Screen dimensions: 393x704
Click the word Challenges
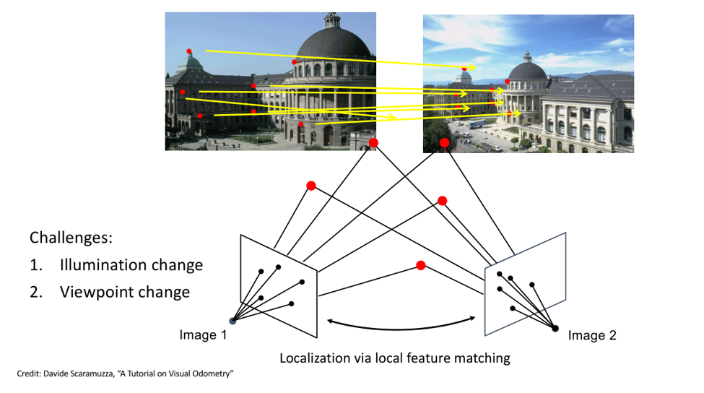pyautogui.click(x=70, y=238)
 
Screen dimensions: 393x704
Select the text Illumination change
pyautogui.click(x=131, y=265)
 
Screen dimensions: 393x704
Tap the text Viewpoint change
pyautogui.click(x=124, y=292)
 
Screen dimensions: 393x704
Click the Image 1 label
pyautogui.click(x=203, y=334)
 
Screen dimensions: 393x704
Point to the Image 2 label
pyautogui.click(x=592, y=334)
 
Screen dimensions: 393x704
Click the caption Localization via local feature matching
pyautogui.click(x=395, y=358)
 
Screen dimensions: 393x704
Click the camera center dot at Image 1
pyautogui.click(x=233, y=321)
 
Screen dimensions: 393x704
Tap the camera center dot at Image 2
pyautogui.click(x=555, y=329)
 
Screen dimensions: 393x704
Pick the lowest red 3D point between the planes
pyautogui.click(x=420, y=266)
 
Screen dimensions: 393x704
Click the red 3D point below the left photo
pyautogui.click(x=373, y=143)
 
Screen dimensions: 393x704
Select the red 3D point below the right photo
pyautogui.click(x=444, y=143)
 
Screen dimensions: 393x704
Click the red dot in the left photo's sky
pyautogui.click(x=189, y=51)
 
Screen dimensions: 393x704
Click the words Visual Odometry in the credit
pyautogui.click(x=209, y=373)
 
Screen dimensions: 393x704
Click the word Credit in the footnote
pyautogui.click(x=26, y=373)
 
